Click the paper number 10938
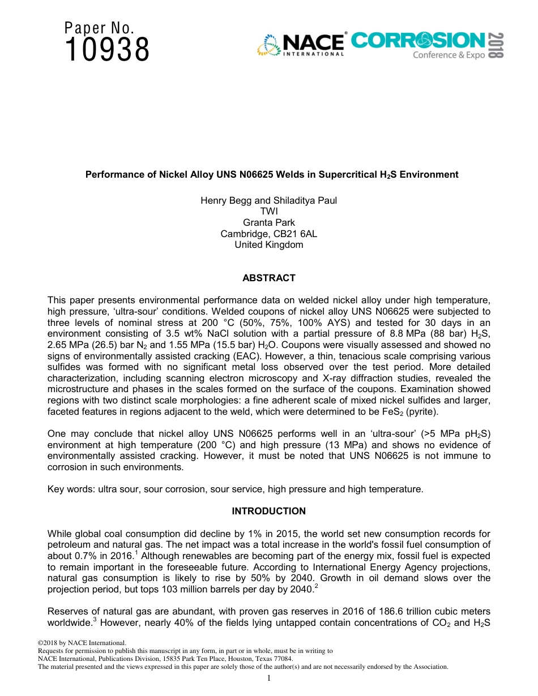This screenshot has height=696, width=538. tap(107, 50)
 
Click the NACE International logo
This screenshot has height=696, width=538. tap(301, 45)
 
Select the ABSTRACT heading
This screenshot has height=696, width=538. tap(268, 278)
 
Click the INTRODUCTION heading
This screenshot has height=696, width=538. tap(268, 511)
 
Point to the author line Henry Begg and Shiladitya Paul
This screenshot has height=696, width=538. tap(268, 200)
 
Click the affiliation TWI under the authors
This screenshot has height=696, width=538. tap(268, 212)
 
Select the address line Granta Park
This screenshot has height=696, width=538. tap(268, 222)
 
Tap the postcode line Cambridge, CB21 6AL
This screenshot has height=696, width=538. tap(268, 234)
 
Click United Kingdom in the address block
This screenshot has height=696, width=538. tap(268, 245)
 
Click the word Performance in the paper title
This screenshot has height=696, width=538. tap(110, 175)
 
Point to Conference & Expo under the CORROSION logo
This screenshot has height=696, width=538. tap(449, 55)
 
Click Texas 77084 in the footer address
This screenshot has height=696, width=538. tap(276, 659)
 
